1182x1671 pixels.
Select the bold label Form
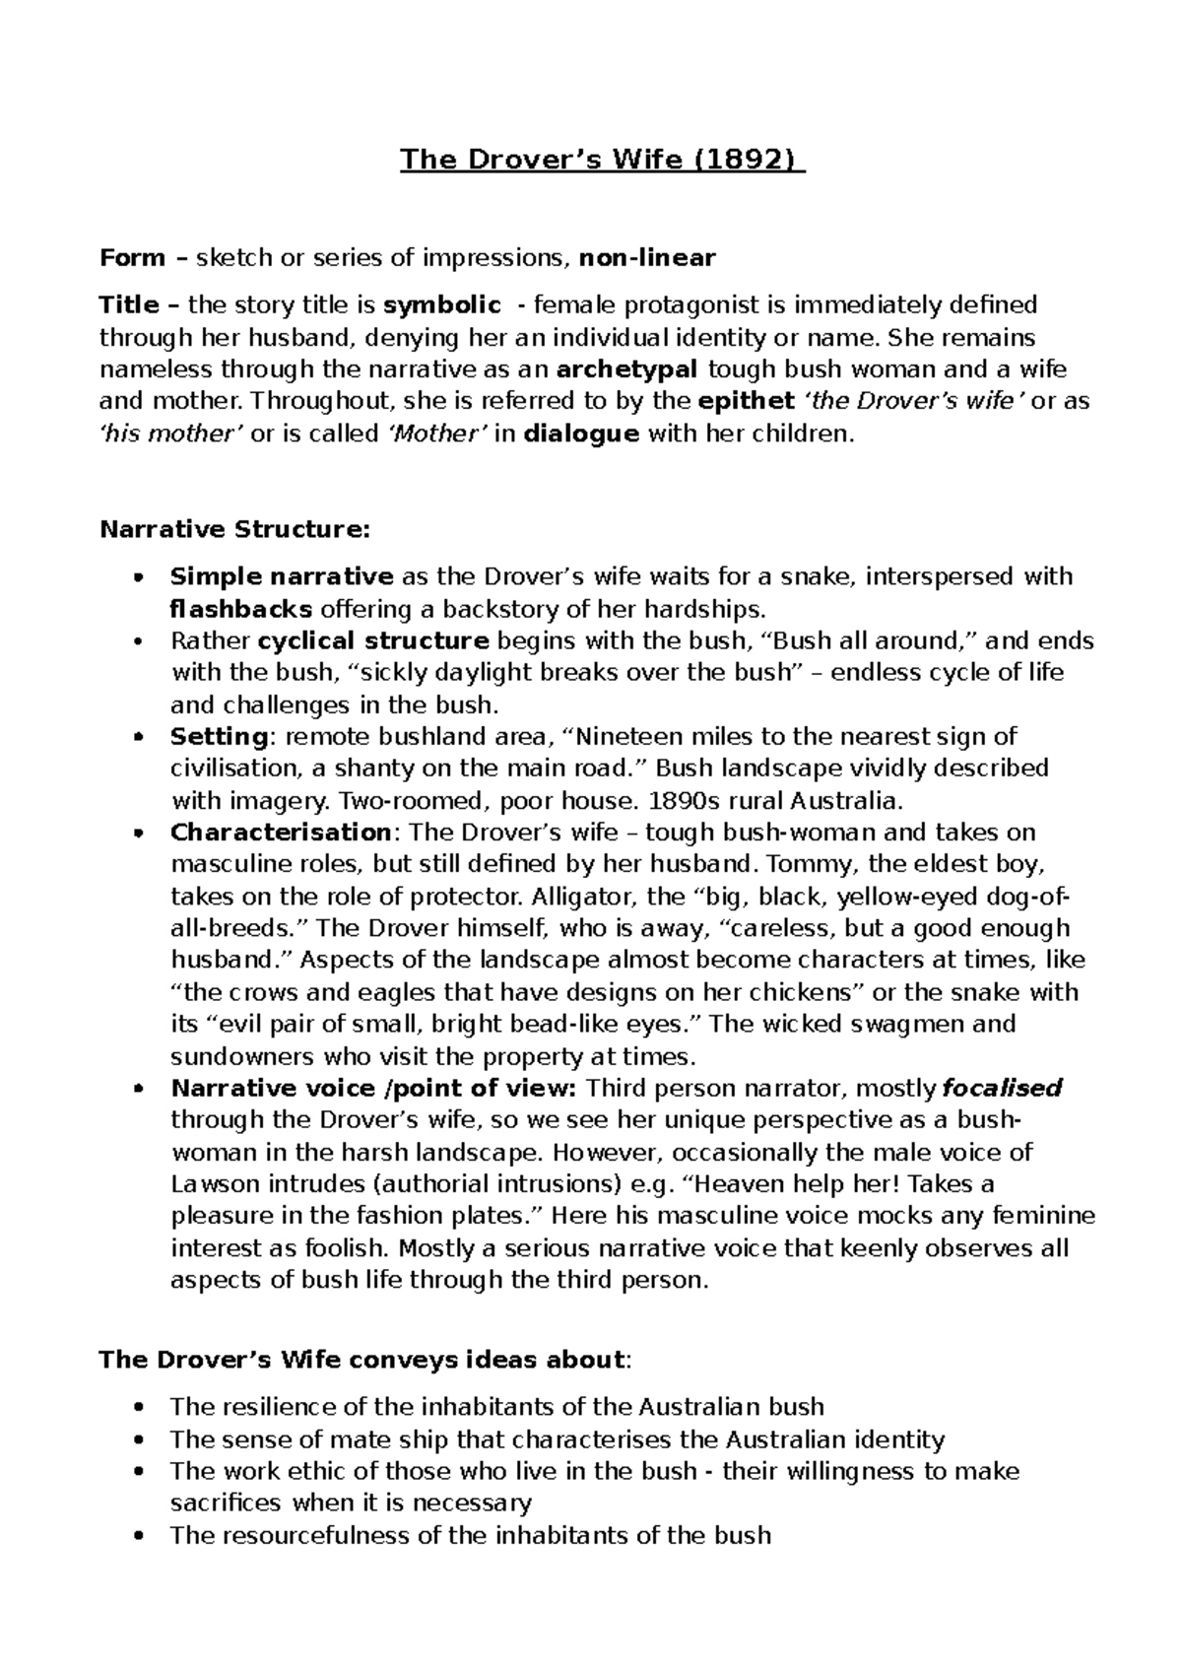pos(132,259)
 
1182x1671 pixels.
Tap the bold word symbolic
pos(441,305)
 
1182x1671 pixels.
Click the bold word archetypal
pos(627,369)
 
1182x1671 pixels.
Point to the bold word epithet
pos(746,401)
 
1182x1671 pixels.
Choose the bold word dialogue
pos(580,434)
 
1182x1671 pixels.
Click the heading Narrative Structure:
pos(235,529)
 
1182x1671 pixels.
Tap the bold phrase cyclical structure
pos(372,641)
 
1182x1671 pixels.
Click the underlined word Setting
pos(218,736)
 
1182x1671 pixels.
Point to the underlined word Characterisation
pos(281,833)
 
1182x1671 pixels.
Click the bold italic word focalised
pos(1002,1089)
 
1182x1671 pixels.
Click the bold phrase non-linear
pos(647,259)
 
